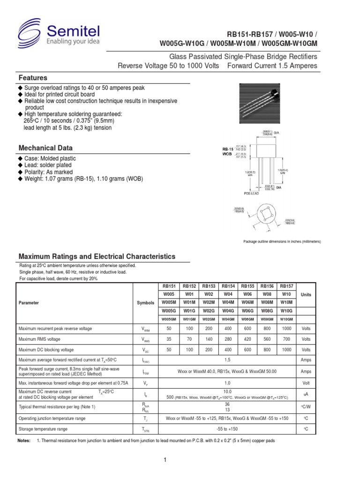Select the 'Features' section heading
[x=33, y=77]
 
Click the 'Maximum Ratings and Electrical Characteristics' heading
[x=97, y=256]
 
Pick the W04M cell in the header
[x=227, y=302]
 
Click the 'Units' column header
[x=306, y=294]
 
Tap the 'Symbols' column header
[x=146, y=303]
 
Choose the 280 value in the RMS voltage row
[x=227, y=339]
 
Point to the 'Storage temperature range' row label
[x=43, y=429]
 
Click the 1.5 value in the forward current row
[x=227, y=360]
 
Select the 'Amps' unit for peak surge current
[x=306, y=371]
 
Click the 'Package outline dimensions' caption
[x=282, y=241]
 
